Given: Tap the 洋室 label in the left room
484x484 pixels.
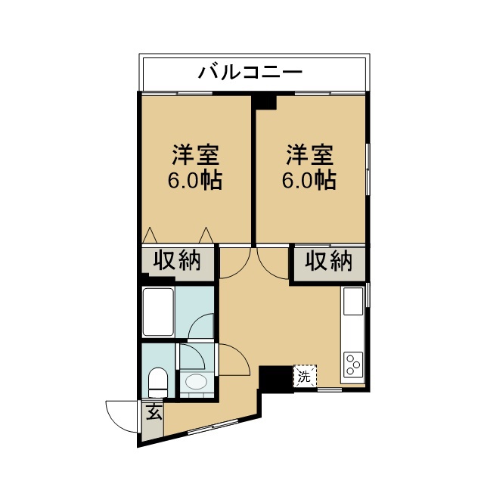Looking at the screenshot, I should pos(194,155).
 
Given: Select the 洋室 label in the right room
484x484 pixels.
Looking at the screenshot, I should pos(309,155).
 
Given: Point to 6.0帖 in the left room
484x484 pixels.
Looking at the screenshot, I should pos(194,181).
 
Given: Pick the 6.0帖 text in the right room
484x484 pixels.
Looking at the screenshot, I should pos(309,181).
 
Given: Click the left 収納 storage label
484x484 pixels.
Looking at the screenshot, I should pos(177,261).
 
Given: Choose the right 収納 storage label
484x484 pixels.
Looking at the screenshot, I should pos(329,261).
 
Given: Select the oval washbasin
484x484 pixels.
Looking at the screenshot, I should pos(196,383).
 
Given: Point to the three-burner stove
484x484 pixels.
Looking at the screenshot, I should pos(353,365).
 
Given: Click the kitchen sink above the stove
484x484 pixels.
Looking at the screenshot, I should pos(353,302).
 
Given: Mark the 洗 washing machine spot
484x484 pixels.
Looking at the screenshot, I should pos(304,376).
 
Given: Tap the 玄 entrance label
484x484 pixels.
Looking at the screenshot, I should pos(154,414).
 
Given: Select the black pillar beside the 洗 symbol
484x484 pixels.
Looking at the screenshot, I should pos(275,377).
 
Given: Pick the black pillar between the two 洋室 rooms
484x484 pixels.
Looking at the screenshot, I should pos(264,100).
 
